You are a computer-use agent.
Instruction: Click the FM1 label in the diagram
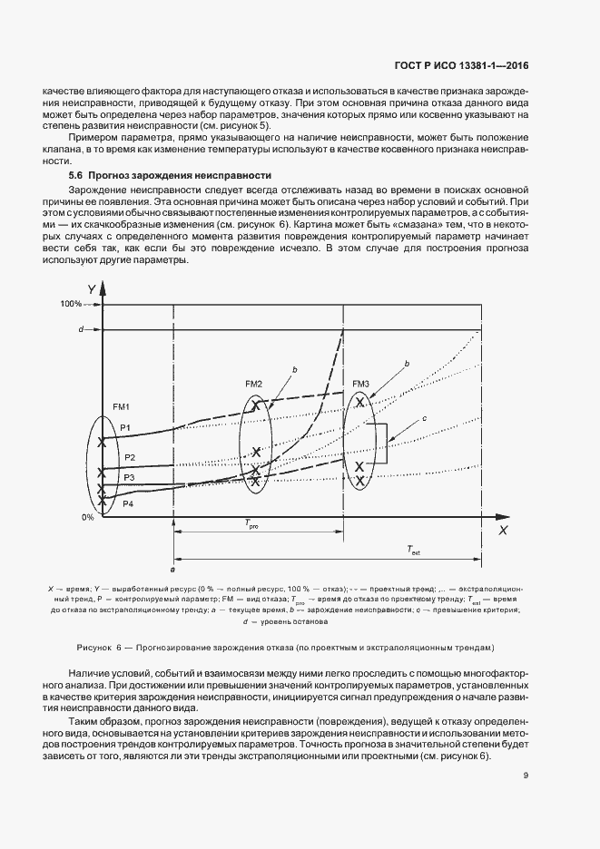122,406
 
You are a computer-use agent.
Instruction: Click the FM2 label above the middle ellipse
253,385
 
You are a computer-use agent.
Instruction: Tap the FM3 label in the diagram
360,384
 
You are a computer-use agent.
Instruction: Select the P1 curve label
127,427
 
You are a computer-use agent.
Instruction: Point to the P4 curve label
128,503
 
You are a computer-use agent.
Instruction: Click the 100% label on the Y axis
72,304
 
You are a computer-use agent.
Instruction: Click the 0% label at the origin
88,517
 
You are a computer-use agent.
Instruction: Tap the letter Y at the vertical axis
92,288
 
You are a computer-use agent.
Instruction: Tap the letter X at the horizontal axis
500,530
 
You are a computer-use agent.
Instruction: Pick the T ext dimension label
416,550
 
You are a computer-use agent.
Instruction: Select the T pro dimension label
251,523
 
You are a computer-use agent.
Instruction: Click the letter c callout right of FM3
424,417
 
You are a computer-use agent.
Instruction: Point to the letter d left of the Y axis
82,328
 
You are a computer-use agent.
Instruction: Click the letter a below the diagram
172,569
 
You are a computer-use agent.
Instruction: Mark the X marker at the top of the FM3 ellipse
360,402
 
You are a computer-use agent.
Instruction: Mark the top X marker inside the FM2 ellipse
256,407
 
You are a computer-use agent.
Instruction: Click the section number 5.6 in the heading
79,173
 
